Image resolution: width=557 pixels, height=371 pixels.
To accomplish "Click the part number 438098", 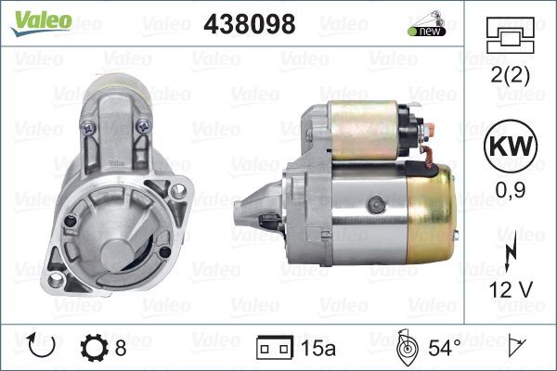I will [x=249, y=25].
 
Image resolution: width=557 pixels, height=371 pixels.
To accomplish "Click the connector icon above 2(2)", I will [x=508, y=41].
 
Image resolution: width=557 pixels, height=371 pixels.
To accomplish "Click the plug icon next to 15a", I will [x=269, y=349].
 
